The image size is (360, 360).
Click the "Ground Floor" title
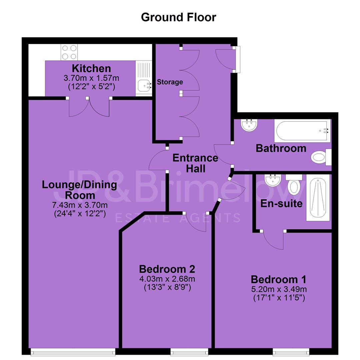pyautogui.click(x=179, y=17)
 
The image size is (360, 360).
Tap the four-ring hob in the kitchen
pyautogui.click(x=69, y=52)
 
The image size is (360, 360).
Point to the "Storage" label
pyautogui.click(x=170, y=82)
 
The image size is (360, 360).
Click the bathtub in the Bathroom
pyautogui.click(x=303, y=131)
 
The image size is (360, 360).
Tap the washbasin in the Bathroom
pyautogui.click(x=249, y=125)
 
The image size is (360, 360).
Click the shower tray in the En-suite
pyautogui.click(x=318, y=198)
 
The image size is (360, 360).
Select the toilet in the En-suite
pyautogui.click(x=294, y=184)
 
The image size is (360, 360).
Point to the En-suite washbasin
pyautogui.click(x=273, y=180)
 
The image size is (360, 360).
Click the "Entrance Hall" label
pyautogui.click(x=195, y=163)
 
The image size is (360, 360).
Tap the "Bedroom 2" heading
pyautogui.click(x=167, y=269)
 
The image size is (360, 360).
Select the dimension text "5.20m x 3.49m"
pyautogui.click(x=279, y=289)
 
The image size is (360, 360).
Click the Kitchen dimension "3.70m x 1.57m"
pyautogui.click(x=91, y=78)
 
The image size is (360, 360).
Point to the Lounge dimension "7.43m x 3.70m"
pyautogui.click(x=80, y=205)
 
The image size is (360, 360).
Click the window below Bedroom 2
pyautogui.click(x=189, y=352)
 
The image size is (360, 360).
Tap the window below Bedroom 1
pyautogui.click(x=291, y=352)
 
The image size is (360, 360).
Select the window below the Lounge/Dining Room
pyautogui.click(x=73, y=352)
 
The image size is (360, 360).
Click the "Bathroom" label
pyautogui.click(x=281, y=148)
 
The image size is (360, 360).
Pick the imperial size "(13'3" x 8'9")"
pyautogui.click(x=167, y=287)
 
